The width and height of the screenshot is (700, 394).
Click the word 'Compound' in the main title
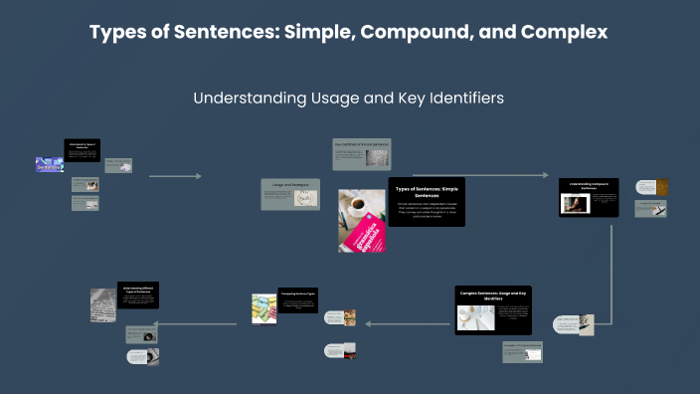click(x=405, y=32)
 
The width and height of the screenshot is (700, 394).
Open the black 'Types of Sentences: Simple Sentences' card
click(x=426, y=202)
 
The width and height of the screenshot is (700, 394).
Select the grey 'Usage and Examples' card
click(x=290, y=194)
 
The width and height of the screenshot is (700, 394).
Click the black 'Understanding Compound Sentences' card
click(x=589, y=197)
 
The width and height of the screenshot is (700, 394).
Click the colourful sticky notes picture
click(x=263, y=308)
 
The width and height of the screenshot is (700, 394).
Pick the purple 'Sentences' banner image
click(x=49, y=165)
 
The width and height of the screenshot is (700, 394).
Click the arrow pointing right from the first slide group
click(x=175, y=176)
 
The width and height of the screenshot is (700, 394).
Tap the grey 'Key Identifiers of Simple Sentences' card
click(x=362, y=153)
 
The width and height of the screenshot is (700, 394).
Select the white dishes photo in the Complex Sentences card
click(x=475, y=317)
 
